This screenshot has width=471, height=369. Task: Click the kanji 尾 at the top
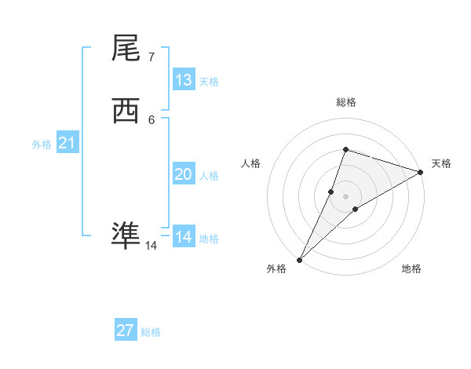(x=126, y=49)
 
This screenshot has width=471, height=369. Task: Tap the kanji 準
(x=126, y=235)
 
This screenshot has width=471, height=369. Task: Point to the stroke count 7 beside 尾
(x=151, y=57)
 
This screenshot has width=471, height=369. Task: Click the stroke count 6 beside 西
(x=151, y=119)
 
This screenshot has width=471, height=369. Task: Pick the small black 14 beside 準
(x=151, y=246)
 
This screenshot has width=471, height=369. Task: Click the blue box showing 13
(x=184, y=80)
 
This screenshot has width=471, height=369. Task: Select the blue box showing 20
(x=184, y=174)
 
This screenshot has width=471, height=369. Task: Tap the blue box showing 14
(x=184, y=237)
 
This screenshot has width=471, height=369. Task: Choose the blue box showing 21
(x=67, y=143)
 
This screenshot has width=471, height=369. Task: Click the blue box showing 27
(x=126, y=331)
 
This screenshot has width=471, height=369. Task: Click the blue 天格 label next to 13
(x=209, y=82)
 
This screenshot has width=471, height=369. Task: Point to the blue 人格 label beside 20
(x=209, y=176)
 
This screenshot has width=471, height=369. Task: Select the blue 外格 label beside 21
(x=42, y=144)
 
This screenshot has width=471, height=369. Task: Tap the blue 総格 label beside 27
(x=151, y=332)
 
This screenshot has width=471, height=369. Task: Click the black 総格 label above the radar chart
(x=345, y=102)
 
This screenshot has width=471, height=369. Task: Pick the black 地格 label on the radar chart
(x=411, y=269)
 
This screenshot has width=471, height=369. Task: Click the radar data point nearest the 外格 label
(x=299, y=259)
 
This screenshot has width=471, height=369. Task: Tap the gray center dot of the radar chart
(x=345, y=195)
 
